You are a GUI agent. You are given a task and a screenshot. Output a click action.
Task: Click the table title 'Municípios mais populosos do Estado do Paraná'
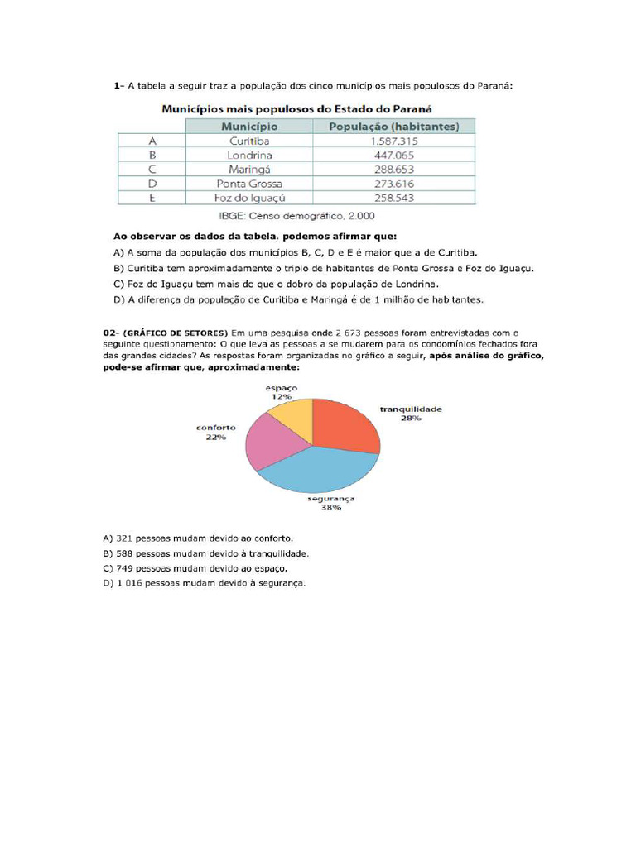(x=296, y=108)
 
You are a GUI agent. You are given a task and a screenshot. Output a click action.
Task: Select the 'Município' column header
(x=249, y=127)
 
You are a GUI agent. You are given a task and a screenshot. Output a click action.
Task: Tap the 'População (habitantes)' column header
(x=393, y=127)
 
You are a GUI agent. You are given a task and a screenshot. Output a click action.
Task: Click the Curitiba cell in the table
(x=249, y=141)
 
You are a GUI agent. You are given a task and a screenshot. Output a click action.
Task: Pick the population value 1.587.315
(x=393, y=141)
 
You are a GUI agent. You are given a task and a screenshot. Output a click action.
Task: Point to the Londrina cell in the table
(x=249, y=155)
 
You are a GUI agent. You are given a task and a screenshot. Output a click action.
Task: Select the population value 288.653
(x=393, y=169)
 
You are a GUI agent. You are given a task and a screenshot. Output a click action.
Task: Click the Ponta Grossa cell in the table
(x=249, y=183)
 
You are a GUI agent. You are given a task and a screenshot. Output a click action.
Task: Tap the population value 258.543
(x=393, y=198)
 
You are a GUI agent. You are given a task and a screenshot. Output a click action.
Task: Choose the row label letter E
(x=152, y=198)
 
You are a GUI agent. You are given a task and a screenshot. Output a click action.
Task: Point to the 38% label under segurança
(x=330, y=507)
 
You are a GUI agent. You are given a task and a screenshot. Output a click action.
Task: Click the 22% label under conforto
(x=215, y=437)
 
